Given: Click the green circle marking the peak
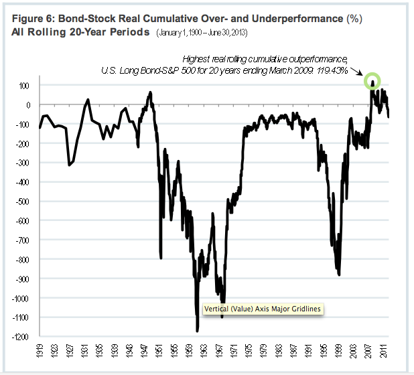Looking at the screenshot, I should pyautogui.click(x=372, y=82).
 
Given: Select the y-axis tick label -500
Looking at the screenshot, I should pyautogui.click(x=27, y=201).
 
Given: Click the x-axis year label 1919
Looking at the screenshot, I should pyautogui.click(x=41, y=353).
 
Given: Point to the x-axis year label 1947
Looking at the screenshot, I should pyautogui.click(x=145, y=353).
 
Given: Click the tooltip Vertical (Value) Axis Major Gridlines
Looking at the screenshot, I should pyautogui.click(x=261, y=309).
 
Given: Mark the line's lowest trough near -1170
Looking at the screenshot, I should pyautogui.click(x=197, y=329).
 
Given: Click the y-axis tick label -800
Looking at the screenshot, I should pyautogui.click(x=27, y=259).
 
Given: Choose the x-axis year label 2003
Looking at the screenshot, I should pyautogui.click(x=352, y=353).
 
